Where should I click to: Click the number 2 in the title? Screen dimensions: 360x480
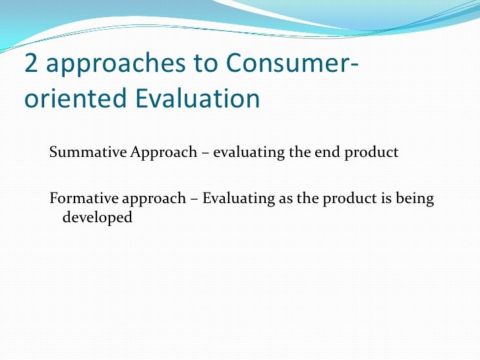(31, 64)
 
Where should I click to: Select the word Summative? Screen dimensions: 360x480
(88, 153)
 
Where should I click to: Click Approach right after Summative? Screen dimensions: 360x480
(164, 153)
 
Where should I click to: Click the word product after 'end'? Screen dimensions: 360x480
(373, 153)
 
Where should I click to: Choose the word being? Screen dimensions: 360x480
(413, 199)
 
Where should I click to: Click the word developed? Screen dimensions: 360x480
(97, 217)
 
